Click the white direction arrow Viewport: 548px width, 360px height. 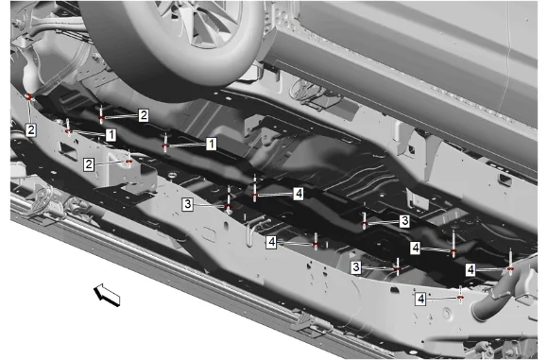108,295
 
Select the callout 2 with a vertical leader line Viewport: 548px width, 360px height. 31,130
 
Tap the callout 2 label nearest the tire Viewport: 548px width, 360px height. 144,115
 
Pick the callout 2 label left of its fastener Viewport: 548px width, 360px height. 89,164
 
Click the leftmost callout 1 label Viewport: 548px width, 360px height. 111,135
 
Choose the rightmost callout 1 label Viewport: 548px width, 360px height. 211,144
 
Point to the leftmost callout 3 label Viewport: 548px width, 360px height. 188,204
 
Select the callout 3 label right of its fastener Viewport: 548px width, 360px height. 404,221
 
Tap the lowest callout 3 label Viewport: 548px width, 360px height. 356,267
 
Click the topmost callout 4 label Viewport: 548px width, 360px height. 299,194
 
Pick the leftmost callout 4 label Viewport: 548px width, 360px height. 271,242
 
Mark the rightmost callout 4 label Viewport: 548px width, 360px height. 471,269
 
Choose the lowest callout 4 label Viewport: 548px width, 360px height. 420,299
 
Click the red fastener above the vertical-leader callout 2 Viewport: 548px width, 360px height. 29,96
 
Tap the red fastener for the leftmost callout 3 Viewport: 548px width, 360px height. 229,206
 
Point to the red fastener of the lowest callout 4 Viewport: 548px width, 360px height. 460,298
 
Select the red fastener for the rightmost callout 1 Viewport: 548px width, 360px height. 165,146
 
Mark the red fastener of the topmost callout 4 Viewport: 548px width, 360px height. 255,195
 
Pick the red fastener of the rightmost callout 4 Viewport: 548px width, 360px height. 510,268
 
